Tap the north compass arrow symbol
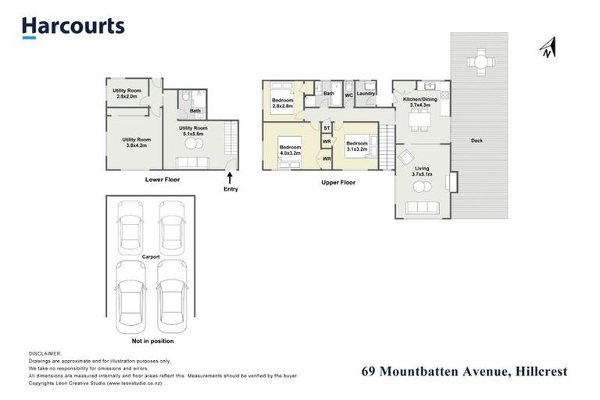[x=547, y=48]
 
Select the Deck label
[x=477, y=141]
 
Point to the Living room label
[x=422, y=171]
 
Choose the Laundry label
[x=366, y=95]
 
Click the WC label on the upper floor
[x=348, y=95]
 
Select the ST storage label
[x=327, y=127]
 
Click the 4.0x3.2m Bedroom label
[x=291, y=149]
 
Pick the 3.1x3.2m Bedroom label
[x=357, y=145]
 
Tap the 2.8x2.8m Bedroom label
[x=282, y=103]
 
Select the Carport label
[x=151, y=255]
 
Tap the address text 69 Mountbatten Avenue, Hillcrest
[x=464, y=372]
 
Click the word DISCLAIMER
[x=45, y=354]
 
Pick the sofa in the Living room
[x=423, y=208]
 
